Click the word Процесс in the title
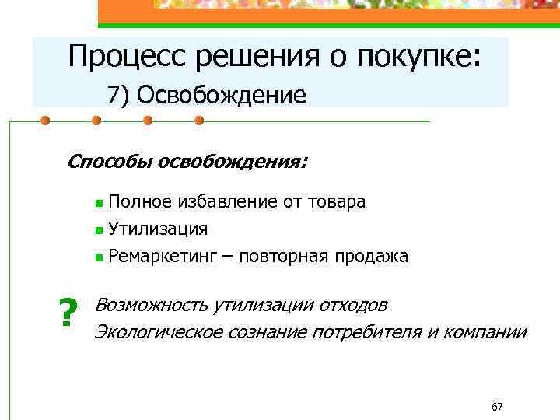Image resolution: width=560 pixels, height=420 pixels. click(125, 57)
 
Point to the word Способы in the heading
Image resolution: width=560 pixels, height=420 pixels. click(110, 162)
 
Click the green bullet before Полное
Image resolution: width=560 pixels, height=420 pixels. click(98, 204)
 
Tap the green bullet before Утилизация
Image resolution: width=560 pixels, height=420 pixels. click(98, 230)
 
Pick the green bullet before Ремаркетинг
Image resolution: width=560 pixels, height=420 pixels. click(98, 257)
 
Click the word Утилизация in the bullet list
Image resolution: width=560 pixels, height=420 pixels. click(158, 229)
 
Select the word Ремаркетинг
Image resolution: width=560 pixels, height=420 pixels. click(170, 257)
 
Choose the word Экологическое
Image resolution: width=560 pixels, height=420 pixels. click(159, 332)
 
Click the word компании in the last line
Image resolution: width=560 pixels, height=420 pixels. click(487, 332)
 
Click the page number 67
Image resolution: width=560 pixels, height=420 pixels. click(498, 407)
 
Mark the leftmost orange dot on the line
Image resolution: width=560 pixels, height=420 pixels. click(45, 121)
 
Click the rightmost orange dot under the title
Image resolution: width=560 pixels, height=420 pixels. click(199, 121)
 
